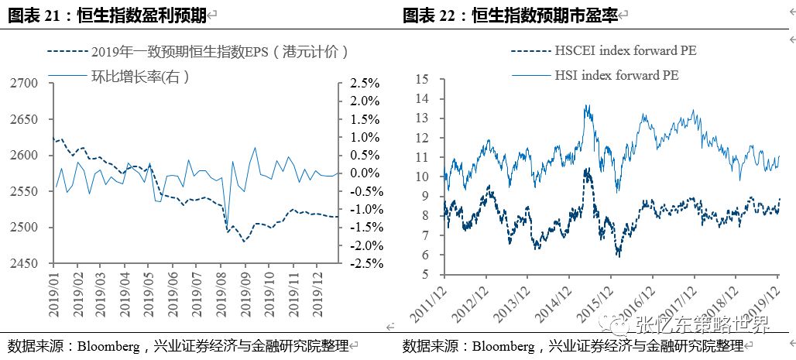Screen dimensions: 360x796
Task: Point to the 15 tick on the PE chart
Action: [x=422, y=79]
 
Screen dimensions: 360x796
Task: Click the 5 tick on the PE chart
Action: [x=425, y=274]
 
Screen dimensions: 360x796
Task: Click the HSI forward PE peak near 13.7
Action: [x=587, y=105]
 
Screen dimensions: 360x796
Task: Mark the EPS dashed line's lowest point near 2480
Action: [x=245, y=242]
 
